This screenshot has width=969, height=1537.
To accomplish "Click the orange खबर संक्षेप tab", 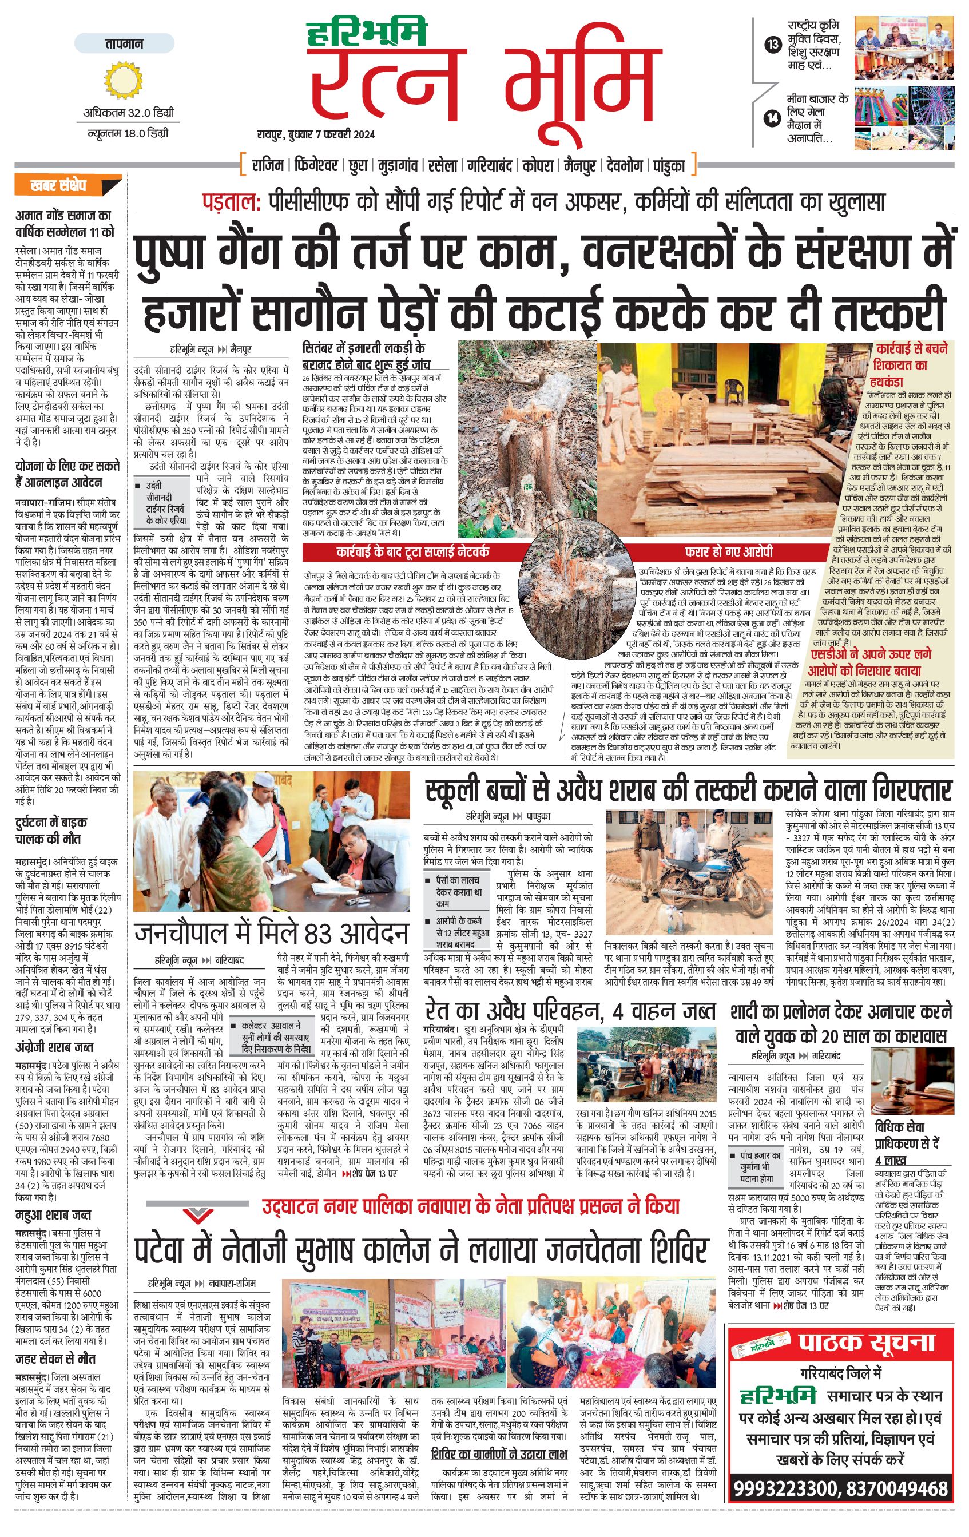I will coord(66,186).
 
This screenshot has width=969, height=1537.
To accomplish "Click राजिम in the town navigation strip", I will coord(268,166).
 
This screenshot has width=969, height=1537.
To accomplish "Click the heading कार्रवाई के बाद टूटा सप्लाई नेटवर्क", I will coord(412,551).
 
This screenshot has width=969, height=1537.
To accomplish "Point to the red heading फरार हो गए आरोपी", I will coord(728,551).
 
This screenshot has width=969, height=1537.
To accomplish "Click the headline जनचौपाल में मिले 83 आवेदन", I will coord(271,933).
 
